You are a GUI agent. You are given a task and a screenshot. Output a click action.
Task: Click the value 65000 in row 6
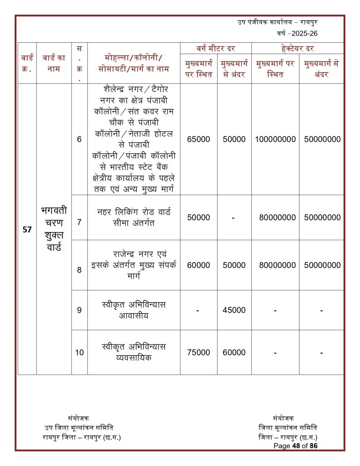pos(198,139)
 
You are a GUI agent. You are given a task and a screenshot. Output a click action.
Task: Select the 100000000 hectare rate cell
pos(275,139)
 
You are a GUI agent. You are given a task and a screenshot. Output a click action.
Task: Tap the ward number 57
pos(27,230)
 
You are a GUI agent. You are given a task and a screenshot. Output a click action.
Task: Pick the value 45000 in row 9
pos(234,310)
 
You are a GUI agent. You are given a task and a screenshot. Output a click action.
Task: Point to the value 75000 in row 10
pos(198,352)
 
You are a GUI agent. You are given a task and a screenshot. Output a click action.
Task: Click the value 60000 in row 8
pos(198,265)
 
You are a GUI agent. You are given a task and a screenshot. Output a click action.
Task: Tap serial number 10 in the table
pos(79,352)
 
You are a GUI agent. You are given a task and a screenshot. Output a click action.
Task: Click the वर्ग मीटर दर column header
pos(216,48)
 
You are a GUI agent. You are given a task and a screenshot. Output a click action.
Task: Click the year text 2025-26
pos(300,34)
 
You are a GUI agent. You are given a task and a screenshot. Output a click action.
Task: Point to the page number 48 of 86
pos(295,446)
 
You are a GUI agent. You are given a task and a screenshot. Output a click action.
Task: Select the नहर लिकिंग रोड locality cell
pos(134,218)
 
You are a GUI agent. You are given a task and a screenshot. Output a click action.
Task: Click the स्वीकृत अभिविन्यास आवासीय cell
pos(134,310)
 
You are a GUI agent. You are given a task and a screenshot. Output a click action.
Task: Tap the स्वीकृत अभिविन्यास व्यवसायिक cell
pos(134,352)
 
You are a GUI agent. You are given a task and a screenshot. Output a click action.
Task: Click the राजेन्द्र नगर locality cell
pos(134,265)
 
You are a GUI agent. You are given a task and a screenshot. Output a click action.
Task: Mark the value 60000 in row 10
pos(234,352)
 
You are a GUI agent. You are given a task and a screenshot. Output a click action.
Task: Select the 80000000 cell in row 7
pos(275,218)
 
